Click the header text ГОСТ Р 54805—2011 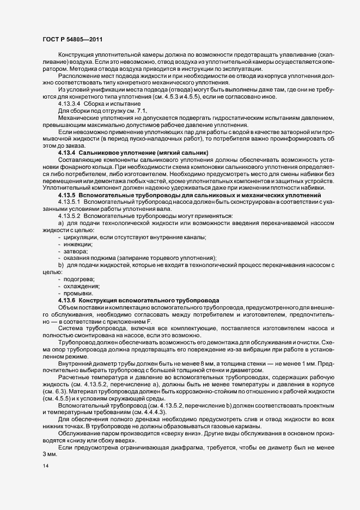pos(72,39)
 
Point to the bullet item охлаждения pos(82,286)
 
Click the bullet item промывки pos(80,293)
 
